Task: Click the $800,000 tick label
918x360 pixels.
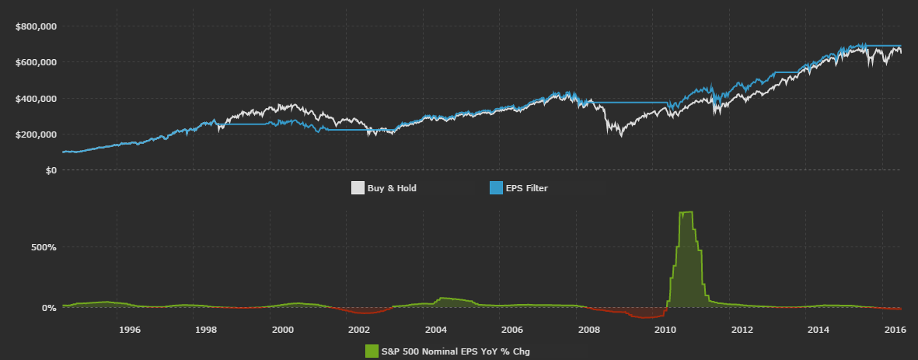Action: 36,26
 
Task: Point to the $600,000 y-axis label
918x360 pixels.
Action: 36,62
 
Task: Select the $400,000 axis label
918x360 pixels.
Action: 36,99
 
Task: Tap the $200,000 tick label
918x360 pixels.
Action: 36,135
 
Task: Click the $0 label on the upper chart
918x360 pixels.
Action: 50,170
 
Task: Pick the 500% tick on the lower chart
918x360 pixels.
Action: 44,247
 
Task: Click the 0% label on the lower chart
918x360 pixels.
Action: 48,308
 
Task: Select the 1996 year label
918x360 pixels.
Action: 129,330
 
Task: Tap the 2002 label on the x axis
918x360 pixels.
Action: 358,330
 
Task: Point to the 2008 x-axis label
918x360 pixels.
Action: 588,330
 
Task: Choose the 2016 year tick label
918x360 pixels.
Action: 895,330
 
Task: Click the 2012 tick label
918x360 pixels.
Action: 742,330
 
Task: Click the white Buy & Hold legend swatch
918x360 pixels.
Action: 358,188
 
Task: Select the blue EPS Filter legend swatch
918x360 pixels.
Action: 496,188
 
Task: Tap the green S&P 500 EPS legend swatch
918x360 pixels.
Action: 372,351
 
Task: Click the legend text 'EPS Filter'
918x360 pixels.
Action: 527,188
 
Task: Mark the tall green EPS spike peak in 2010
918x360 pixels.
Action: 686,212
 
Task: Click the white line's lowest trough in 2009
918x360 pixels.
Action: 620,136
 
